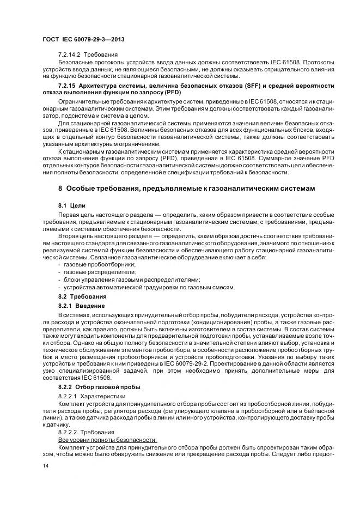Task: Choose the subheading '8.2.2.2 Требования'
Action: click(87, 431)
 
